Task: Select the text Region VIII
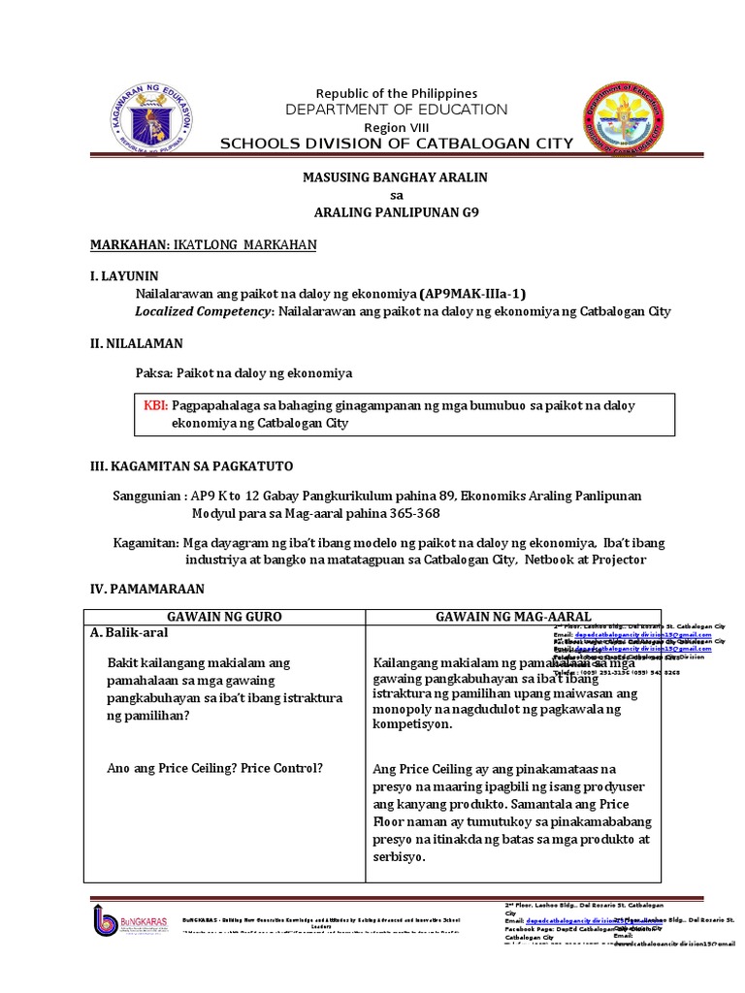tap(395, 128)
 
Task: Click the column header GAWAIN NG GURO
tap(224, 617)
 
